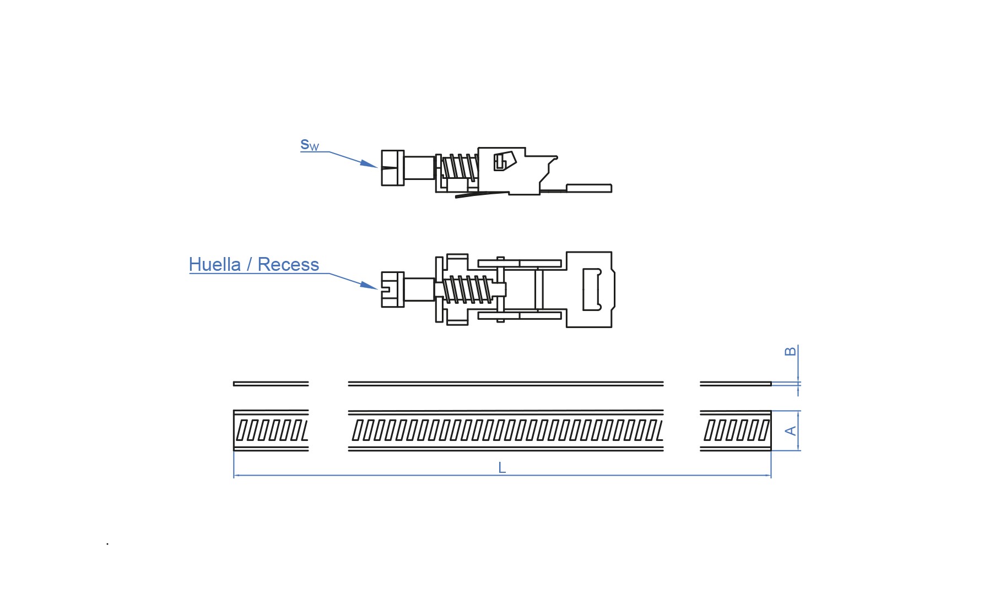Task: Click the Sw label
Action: point(310,145)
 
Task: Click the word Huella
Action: point(215,264)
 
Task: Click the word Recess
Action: point(288,264)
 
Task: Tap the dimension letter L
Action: point(502,468)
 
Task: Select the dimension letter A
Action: point(791,430)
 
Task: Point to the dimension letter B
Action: point(790,351)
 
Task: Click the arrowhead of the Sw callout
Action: point(369,163)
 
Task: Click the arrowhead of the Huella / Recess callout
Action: point(369,285)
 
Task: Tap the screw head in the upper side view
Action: point(392,168)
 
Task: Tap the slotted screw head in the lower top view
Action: point(392,289)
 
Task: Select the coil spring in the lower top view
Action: point(468,289)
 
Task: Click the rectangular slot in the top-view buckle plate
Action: point(592,290)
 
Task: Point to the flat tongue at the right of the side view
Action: point(589,188)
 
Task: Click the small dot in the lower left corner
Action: point(107,544)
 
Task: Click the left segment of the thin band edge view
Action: point(271,384)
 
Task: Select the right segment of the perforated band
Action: point(736,430)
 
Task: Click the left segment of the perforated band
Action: point(271,430)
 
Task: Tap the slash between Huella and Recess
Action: point(250,264)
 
